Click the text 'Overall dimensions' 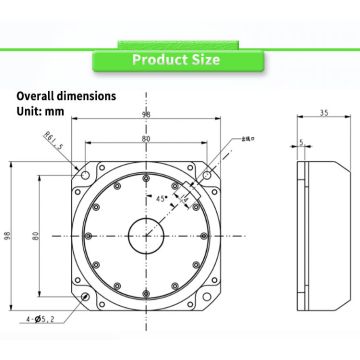coord(66,96)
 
